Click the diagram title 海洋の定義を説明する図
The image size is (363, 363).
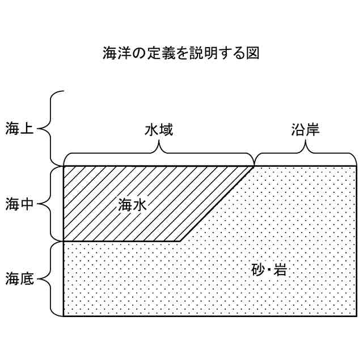tap(181, 54)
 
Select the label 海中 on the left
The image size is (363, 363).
tap(20, 203)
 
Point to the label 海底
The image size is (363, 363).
tap(20, 278)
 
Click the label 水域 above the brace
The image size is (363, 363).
tap(159, 130)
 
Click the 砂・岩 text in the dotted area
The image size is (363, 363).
tap(267, 270)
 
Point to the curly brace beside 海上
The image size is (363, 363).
tap(51, 128)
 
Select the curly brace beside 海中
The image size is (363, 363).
tap(51, 203)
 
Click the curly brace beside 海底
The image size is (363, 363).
tap(51, 278)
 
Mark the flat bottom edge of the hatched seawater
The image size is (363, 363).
tap(122, 241)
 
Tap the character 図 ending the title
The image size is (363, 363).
tap(252, 54)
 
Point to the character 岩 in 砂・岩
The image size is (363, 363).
tap(277, 270)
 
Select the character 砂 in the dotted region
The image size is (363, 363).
tap(257, 270)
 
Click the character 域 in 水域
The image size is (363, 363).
tap(166, 130)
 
